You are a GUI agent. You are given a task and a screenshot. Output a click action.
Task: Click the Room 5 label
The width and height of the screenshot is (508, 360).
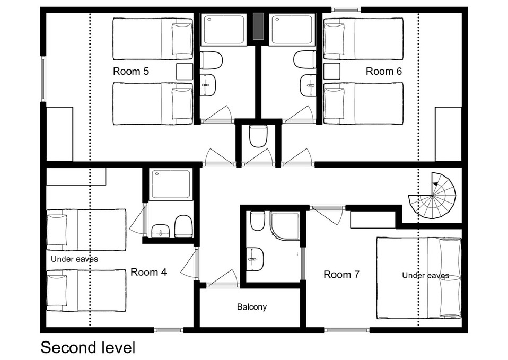[131, 71]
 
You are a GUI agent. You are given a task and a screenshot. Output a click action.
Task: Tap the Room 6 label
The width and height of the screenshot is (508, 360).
[384, 71]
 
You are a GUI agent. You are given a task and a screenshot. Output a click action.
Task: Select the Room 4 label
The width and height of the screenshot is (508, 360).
[148, 272]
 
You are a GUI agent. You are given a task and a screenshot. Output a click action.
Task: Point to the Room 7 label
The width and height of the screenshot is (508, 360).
[341, 275]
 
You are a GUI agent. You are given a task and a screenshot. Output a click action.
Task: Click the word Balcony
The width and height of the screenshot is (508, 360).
[252, 307]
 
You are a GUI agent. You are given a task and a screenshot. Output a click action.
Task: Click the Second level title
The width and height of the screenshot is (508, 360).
[88, 347]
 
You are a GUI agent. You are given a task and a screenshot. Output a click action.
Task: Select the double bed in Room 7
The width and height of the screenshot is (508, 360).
[418, 278]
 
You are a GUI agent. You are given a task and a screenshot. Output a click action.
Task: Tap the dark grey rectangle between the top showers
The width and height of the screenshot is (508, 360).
[258, 26]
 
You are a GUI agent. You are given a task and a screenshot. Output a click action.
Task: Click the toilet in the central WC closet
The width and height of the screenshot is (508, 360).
[258, 136]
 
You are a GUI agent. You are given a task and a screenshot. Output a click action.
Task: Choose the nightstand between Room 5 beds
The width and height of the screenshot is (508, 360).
[185, 71]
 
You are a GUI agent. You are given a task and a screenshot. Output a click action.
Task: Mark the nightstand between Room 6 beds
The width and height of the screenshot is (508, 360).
[332, 71]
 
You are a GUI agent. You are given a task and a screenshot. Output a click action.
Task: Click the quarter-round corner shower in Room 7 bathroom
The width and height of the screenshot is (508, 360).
[285, 225]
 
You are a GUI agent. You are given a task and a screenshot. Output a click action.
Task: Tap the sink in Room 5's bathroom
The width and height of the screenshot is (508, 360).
[208, 85]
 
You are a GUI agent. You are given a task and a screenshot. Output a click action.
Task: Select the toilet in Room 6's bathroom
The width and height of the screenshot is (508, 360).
[304, 60]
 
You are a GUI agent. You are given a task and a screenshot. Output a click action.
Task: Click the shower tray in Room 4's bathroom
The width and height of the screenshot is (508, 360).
[171, 184]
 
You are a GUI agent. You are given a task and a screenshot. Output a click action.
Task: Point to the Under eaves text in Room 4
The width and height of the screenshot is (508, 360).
[75, 259]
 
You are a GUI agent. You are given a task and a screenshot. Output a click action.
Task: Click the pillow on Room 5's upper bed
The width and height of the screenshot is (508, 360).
[182, 39]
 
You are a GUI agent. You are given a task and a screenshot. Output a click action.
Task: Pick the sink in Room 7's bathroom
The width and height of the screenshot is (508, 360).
[255, 259]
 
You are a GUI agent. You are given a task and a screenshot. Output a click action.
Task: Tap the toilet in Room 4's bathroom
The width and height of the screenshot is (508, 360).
[183, 226]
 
